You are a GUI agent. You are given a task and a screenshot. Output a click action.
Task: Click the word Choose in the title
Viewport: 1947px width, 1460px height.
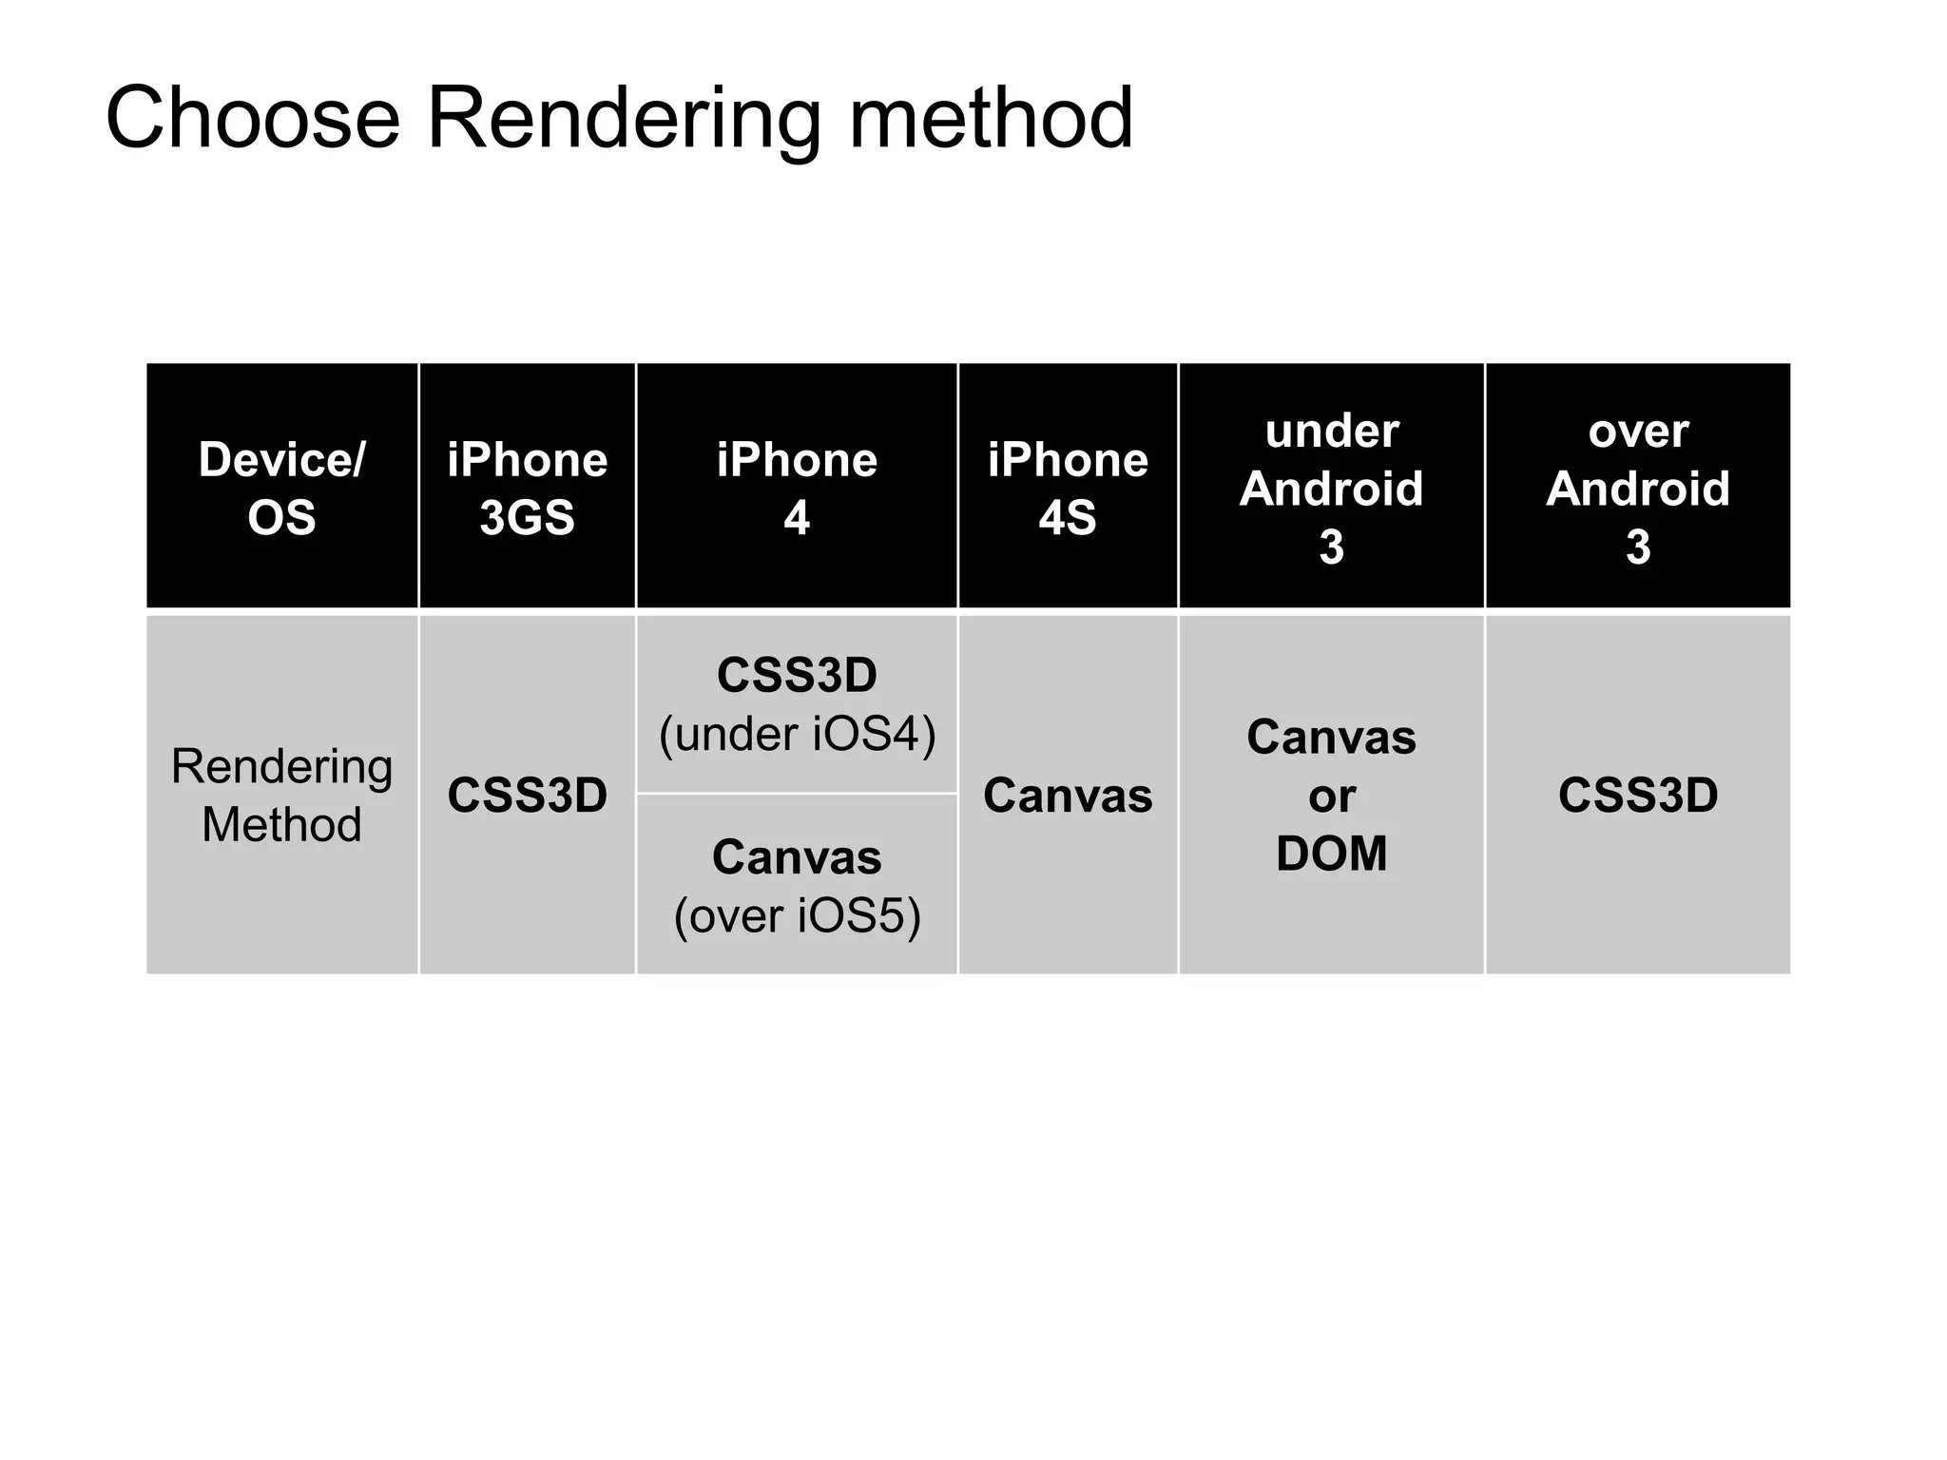(x=252, y=119)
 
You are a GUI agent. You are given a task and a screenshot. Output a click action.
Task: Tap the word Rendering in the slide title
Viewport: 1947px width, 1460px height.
(x=623, y=119)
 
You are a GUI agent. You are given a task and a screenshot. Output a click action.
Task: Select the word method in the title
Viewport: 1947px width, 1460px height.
(x=990, y=119)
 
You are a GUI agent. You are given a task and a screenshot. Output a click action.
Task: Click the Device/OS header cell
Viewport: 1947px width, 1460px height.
(x=281, y=488)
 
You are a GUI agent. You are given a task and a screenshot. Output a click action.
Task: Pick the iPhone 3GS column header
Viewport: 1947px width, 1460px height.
(x=527, y=488)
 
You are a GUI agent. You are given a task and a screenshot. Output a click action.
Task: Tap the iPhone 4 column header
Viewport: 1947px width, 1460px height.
(x=797, y=488)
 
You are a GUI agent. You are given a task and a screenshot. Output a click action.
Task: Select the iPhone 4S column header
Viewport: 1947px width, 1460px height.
(x=1068, y=488)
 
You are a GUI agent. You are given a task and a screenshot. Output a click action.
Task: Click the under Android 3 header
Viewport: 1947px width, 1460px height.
(x=1331, y=488)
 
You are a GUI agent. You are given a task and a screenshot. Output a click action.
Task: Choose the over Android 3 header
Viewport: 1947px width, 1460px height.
(x=1637, y=488)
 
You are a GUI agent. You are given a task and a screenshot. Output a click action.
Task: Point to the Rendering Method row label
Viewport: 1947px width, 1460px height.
(x=281, y=795)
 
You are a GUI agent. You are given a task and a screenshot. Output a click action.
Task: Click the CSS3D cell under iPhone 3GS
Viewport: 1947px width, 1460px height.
(x=527, y=795)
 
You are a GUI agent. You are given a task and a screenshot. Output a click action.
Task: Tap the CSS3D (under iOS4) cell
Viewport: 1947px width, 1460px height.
(x=797, y=703)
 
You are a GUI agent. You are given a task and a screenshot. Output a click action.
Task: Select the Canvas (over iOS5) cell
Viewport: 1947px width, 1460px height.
(x=797, y=886)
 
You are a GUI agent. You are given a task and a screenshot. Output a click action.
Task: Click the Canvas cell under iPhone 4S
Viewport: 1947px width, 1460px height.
(x=1068, y=795)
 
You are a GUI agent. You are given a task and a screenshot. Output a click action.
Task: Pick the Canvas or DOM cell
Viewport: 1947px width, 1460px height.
(x=1331, y=795)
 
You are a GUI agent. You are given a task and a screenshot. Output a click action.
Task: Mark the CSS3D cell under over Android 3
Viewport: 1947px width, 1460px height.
(x=1637, y=795)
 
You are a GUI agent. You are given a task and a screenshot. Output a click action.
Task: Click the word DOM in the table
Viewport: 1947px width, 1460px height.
(x=1331, y=854)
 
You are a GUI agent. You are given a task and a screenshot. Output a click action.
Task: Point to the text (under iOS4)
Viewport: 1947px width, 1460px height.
(x=797, y=734)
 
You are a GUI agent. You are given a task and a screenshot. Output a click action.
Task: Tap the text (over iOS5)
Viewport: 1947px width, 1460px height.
(x=797, y=916)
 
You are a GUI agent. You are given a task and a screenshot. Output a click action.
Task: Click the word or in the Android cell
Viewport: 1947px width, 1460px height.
(x=1331, y=797)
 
